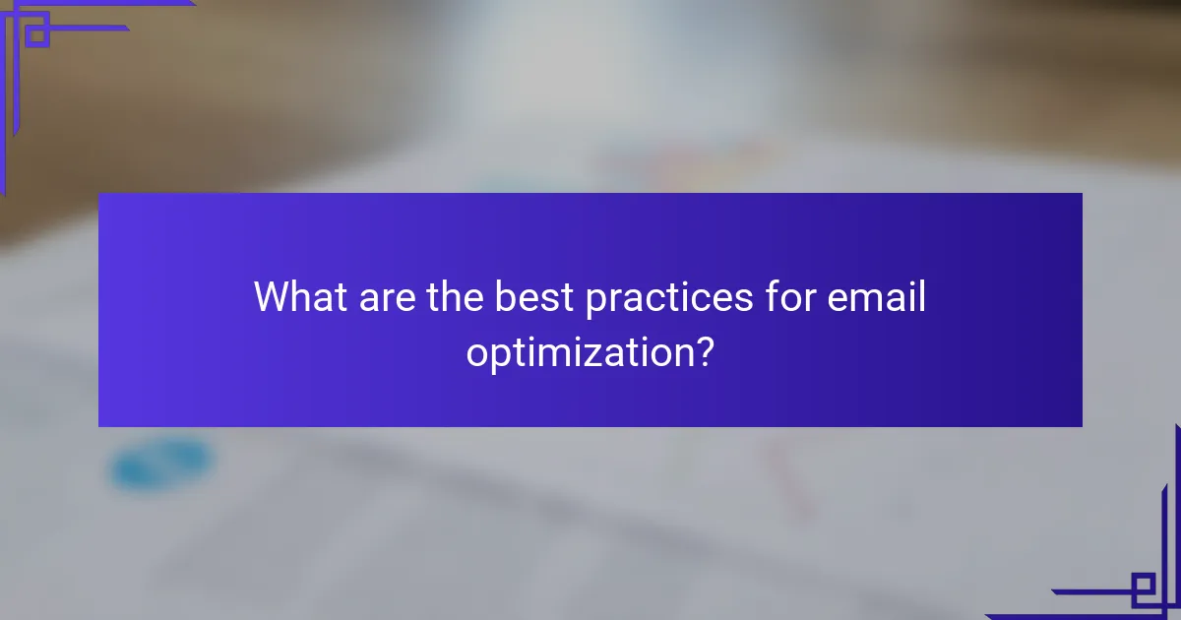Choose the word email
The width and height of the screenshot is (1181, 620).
[875, 297]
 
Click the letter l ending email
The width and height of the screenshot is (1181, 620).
[921, 296]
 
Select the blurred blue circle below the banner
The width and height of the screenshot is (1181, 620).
[161, 465]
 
